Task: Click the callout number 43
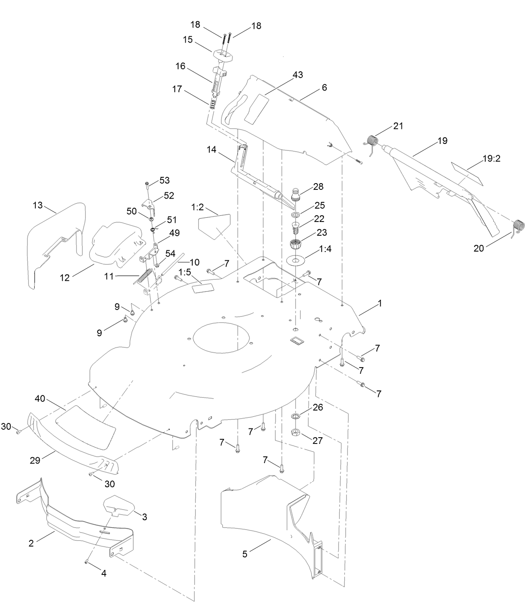(298, 75)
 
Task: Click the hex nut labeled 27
(295, 432)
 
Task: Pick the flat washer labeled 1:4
(296, 261)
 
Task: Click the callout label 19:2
(492, 159)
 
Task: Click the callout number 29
(35, 460)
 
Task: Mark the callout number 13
(38, 205)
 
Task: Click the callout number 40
(40, 399)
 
